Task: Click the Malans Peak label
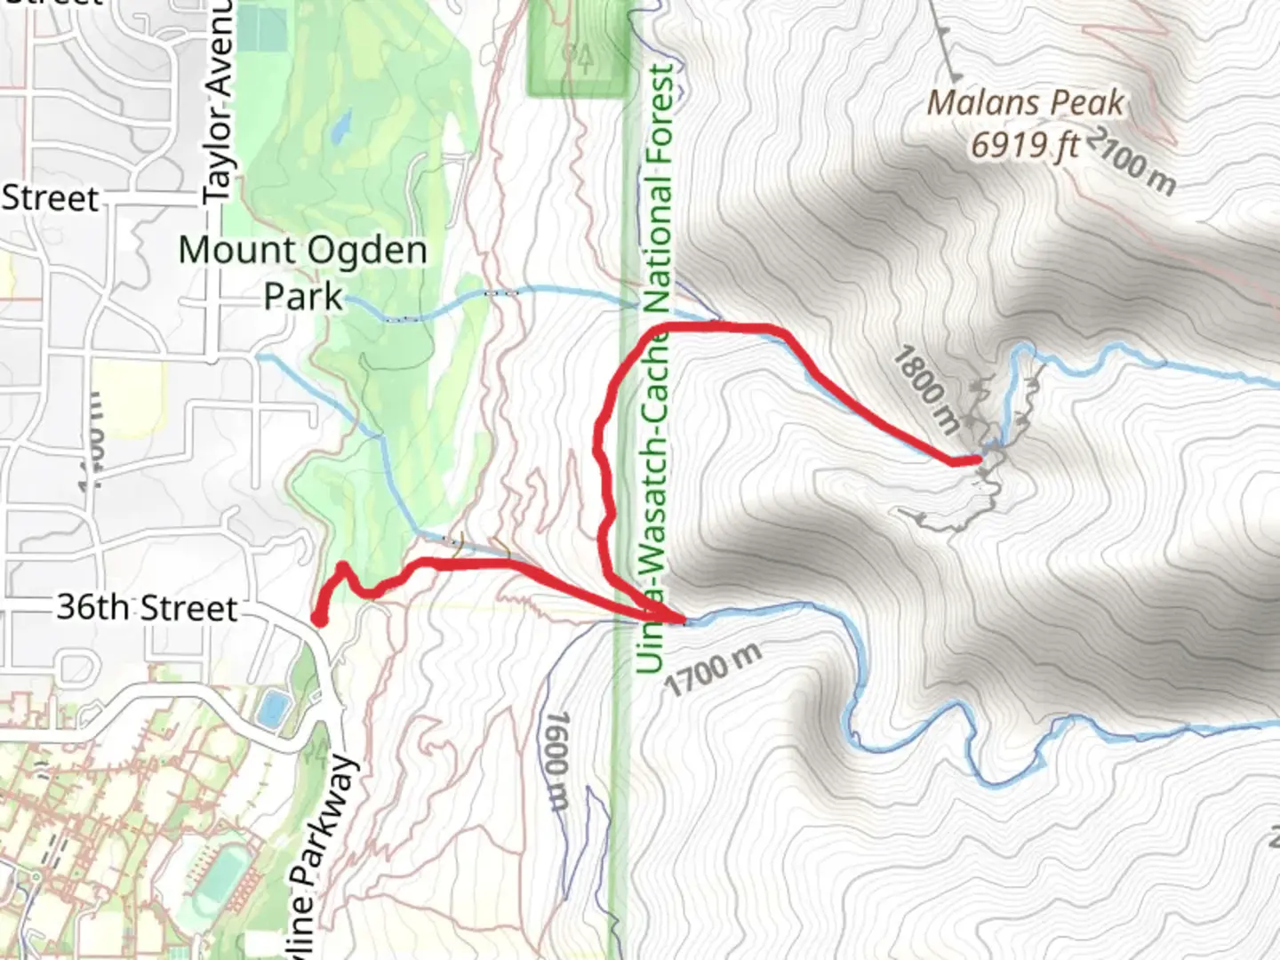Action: [x=1026, y=103]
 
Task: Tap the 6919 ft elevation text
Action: [x=1025, y=144]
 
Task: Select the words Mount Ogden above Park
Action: [x=302, y=251]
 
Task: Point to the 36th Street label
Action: [x=148, y=608]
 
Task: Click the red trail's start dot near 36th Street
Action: [x=318, y=618]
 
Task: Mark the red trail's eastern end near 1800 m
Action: [x=976, y=460]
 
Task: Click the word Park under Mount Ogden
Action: [x=303, y=297]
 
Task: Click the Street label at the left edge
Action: [x=50, y=197]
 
